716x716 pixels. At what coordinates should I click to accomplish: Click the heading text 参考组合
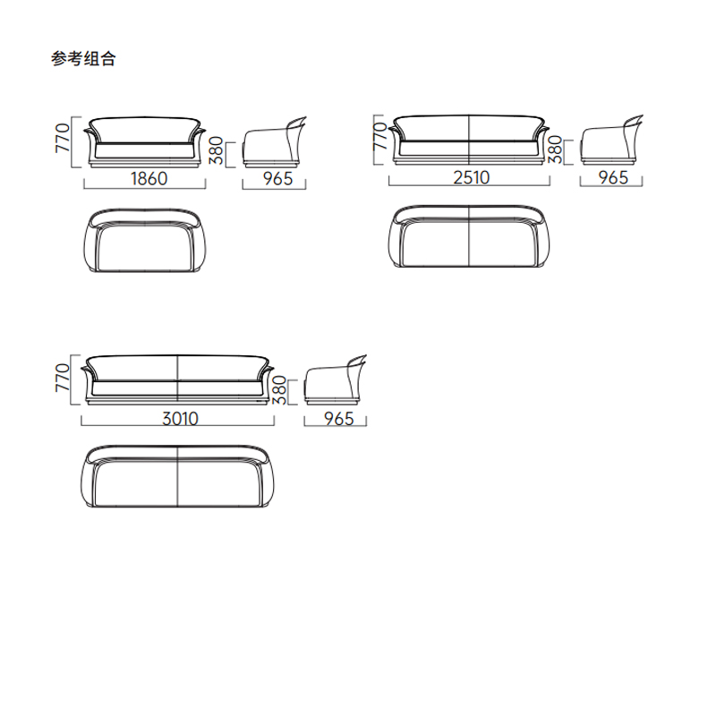(83, 60)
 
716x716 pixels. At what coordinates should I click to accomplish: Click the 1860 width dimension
(149, 178)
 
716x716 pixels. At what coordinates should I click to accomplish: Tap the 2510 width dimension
(470, 177)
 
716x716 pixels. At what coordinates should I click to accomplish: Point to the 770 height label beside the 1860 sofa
(63, 141)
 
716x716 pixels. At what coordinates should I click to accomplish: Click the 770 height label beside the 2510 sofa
(379, 138)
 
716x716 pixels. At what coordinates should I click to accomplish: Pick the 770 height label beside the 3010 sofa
(63, 379)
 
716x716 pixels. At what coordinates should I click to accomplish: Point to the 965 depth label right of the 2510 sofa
(613, 177)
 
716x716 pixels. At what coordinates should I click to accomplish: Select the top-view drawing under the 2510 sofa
(470, 237)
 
